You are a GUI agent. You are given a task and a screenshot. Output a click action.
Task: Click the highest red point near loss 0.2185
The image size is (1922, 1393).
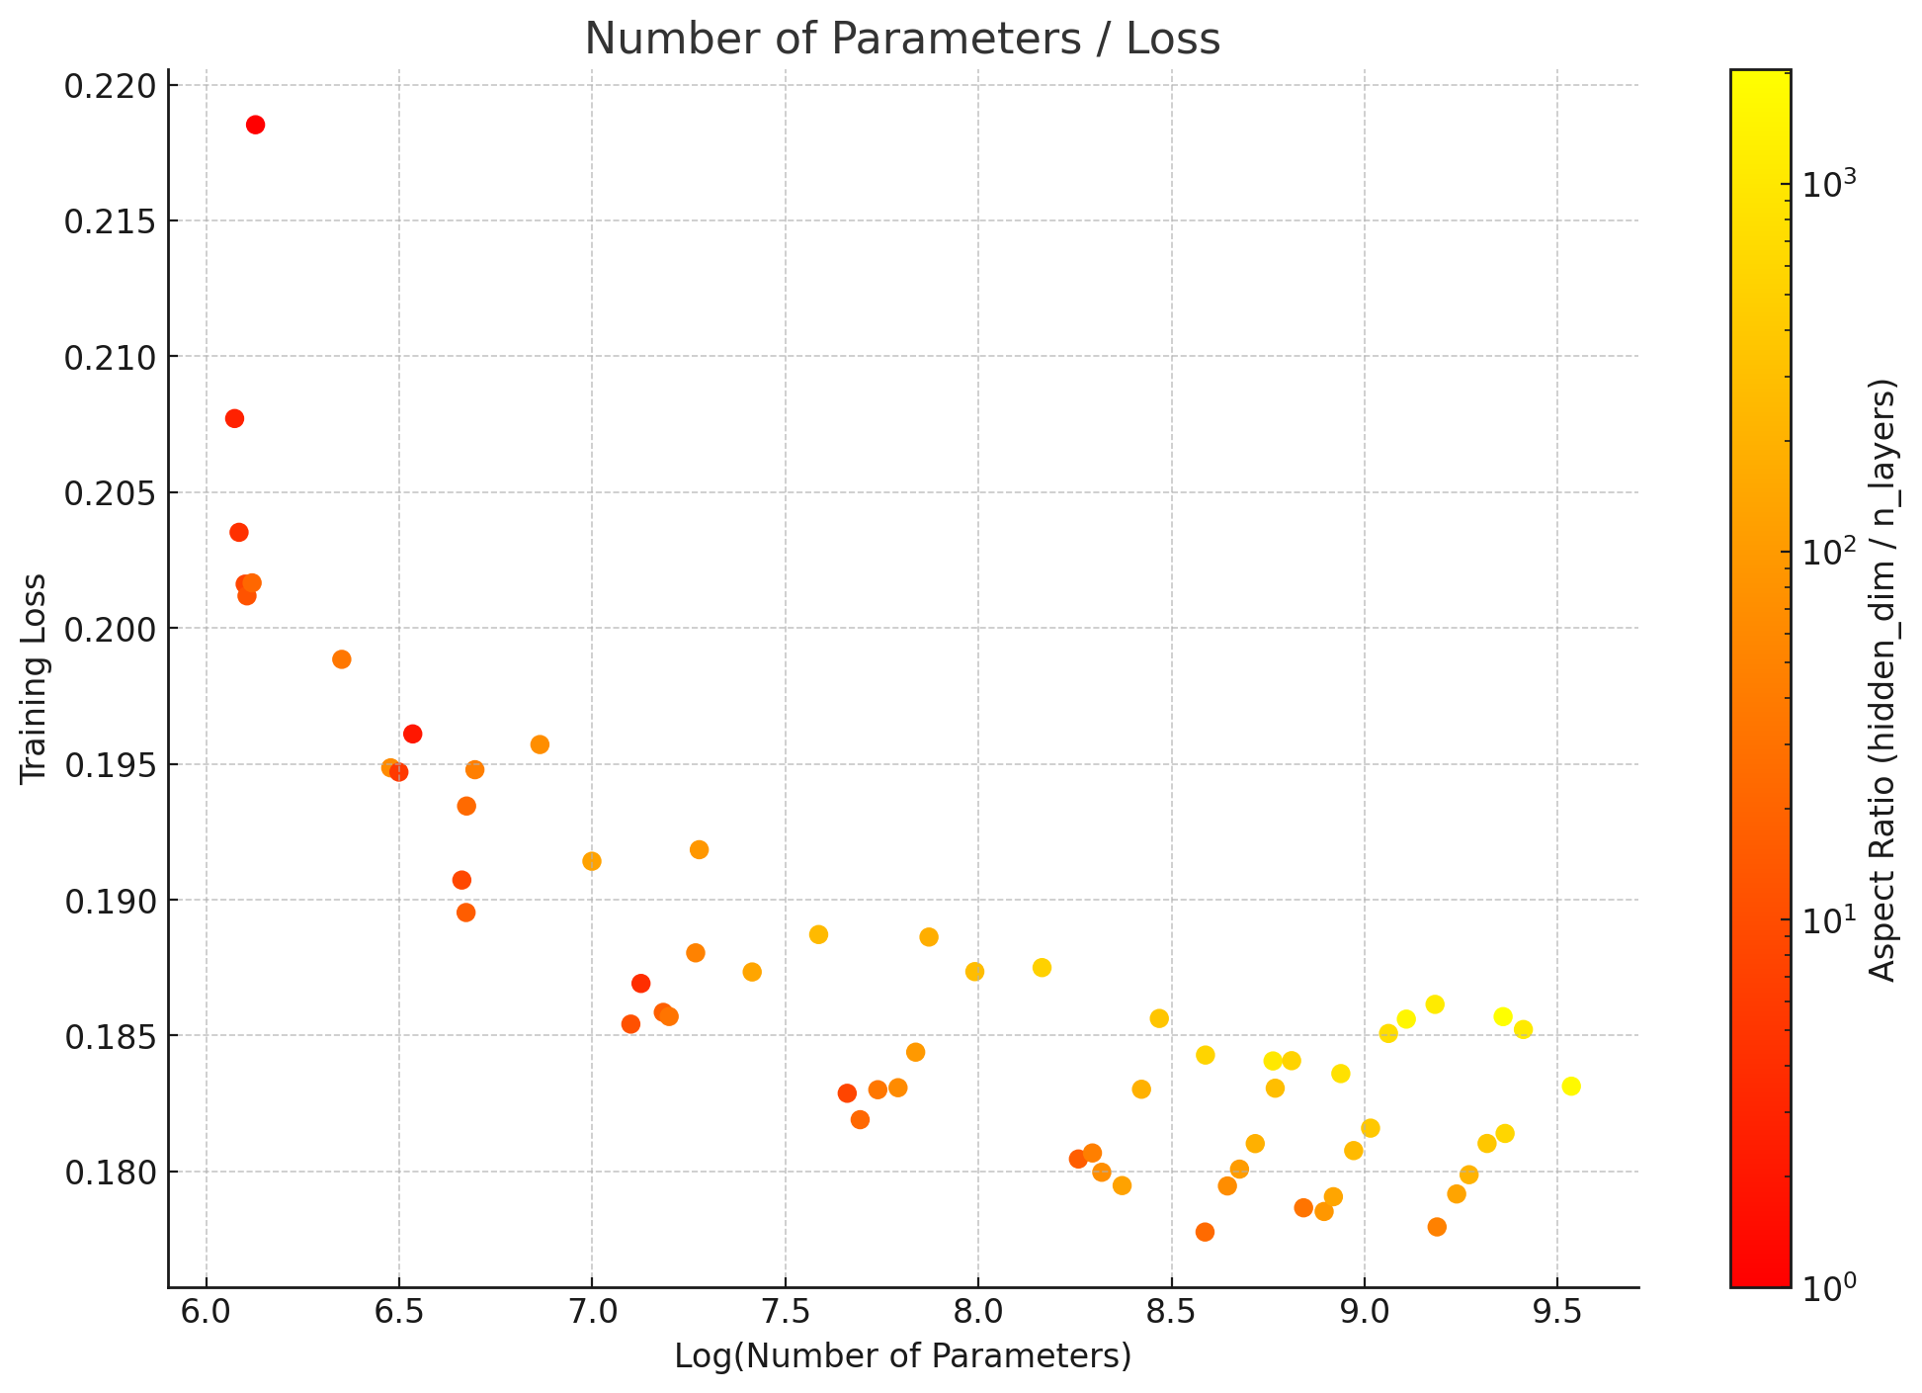point(255,125)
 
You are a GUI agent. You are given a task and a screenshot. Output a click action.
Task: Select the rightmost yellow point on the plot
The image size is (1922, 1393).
point(1571,1087)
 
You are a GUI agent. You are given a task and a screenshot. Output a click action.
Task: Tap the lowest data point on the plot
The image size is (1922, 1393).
point(1205,1232)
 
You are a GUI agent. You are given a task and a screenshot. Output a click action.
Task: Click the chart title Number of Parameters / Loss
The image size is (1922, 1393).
point(902,40)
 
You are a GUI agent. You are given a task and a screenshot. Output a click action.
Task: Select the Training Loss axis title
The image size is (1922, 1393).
point(34,678)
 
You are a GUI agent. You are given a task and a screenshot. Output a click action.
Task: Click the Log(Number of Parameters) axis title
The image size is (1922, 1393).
point(902,1356)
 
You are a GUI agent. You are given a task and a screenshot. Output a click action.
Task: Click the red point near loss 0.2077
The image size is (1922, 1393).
point(234,418)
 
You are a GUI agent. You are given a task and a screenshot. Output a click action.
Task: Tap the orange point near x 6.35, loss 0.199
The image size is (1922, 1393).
point(342,659)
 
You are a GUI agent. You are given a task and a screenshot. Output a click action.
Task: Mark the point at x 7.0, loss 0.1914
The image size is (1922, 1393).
point(592,861)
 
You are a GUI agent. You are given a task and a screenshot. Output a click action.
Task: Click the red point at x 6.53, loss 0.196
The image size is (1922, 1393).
point(413,734)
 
